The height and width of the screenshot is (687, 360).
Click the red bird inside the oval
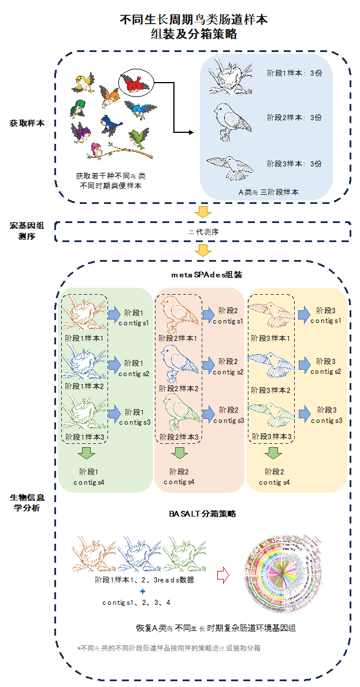(134, 84)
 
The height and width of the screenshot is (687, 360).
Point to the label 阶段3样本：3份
(294, 164)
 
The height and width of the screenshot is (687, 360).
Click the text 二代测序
(204, 232)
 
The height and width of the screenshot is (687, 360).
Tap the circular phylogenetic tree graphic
(283, 572)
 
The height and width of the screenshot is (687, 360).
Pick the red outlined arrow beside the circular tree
(222, 575)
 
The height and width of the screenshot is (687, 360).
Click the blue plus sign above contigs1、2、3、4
(142, 592)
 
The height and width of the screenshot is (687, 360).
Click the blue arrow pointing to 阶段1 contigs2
(115, 363)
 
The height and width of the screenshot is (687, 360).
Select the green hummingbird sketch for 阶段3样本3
(270, 415)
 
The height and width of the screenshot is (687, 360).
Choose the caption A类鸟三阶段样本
(269, 192)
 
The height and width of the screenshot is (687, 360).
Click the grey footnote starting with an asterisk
(169, 648)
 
